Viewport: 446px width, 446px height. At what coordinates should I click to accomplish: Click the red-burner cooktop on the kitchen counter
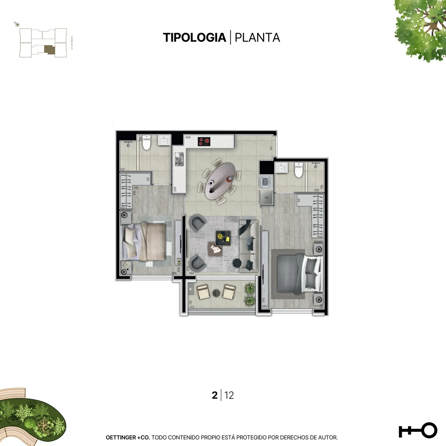click(x=204, y=142)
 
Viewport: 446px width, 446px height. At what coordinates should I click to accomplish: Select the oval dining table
click(x=220, y=180)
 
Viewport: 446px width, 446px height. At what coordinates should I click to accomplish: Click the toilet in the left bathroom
click(x=146, y=143)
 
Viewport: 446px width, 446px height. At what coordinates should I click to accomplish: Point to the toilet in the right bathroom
click(x=299, y=170)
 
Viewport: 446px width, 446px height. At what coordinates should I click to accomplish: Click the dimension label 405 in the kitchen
click(x=188, y=138)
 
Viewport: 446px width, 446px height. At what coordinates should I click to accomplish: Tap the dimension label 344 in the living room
click(x=191, y=273)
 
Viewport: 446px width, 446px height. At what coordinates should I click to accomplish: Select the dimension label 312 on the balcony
click(x=192, y=307)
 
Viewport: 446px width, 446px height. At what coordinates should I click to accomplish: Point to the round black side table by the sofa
click(x=237, y=263)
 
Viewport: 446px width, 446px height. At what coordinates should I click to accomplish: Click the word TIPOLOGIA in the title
click(x=194, y=38)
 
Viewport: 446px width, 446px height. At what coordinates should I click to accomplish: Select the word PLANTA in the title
click(x=257, y=38)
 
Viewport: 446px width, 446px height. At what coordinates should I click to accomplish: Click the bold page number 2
click(x=214, y=395)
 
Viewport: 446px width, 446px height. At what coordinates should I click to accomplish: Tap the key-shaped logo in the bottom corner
click(x=418, y=430)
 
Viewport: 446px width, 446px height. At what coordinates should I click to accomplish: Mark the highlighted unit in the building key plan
click(x=49, y=50)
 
